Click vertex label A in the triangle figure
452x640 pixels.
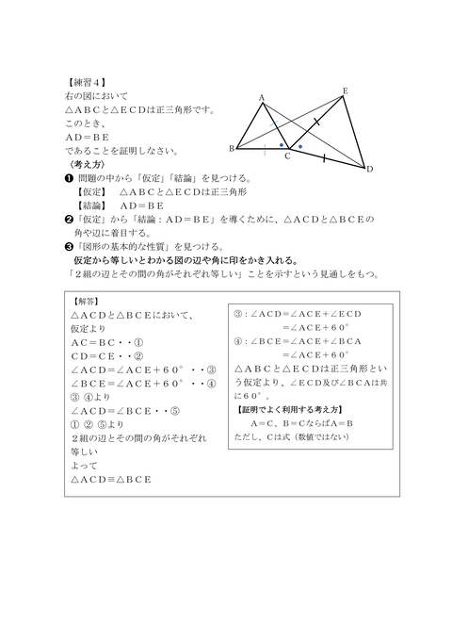click(x=261, y=97)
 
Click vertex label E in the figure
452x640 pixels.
click(x=345, y=90)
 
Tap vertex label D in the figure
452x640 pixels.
click(x=370, y=169)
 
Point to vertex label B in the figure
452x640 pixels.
click(x=231, y=149)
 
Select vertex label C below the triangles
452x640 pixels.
click(x=287, y=157)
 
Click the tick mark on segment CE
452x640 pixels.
click(x=316, y=123)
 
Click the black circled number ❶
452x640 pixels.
click(x=69, y=177)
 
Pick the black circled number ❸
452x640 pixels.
click(x=69, y=244)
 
